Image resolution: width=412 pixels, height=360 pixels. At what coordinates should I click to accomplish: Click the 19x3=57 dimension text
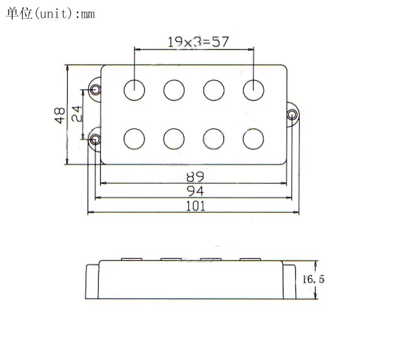[x=198, y=42]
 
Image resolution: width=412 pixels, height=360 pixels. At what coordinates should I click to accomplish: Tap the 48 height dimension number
[x=60, y=115]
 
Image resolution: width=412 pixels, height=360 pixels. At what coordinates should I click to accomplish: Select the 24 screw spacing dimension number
[x=77, y=114]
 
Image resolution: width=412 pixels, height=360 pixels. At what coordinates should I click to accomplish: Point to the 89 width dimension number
[x=195, y=177]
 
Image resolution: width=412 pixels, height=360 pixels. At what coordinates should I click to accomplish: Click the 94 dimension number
[x=195, y=191]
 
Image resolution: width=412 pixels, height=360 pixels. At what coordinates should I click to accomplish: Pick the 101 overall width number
[x=196, y=206]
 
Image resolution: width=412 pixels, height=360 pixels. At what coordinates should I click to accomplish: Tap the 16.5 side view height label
[x=313, y=279]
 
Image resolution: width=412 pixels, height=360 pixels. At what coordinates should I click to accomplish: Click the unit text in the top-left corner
[x=51, y=13]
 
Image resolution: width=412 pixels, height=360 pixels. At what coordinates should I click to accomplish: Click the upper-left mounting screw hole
[x=95, y=90]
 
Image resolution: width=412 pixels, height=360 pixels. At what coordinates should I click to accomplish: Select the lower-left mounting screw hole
[x=95, y=139]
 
